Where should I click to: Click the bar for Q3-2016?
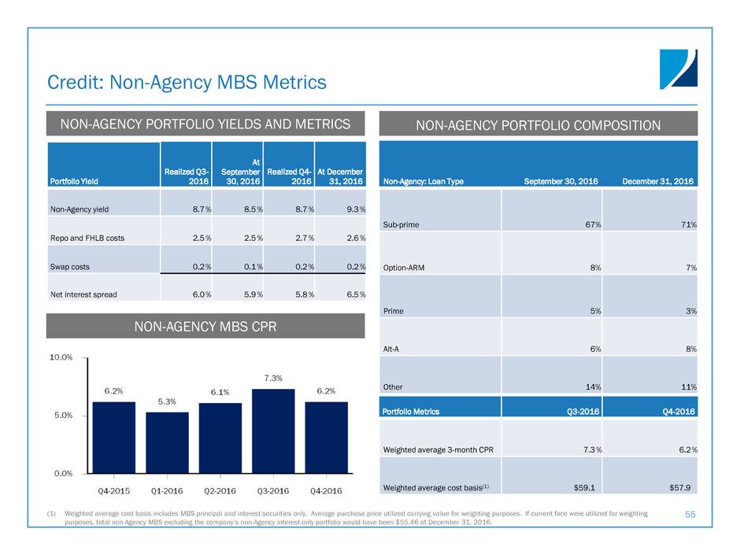273,431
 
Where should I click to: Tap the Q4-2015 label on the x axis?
113,491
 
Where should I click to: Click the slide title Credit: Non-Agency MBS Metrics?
187,81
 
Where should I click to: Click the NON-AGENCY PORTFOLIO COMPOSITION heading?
538,124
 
